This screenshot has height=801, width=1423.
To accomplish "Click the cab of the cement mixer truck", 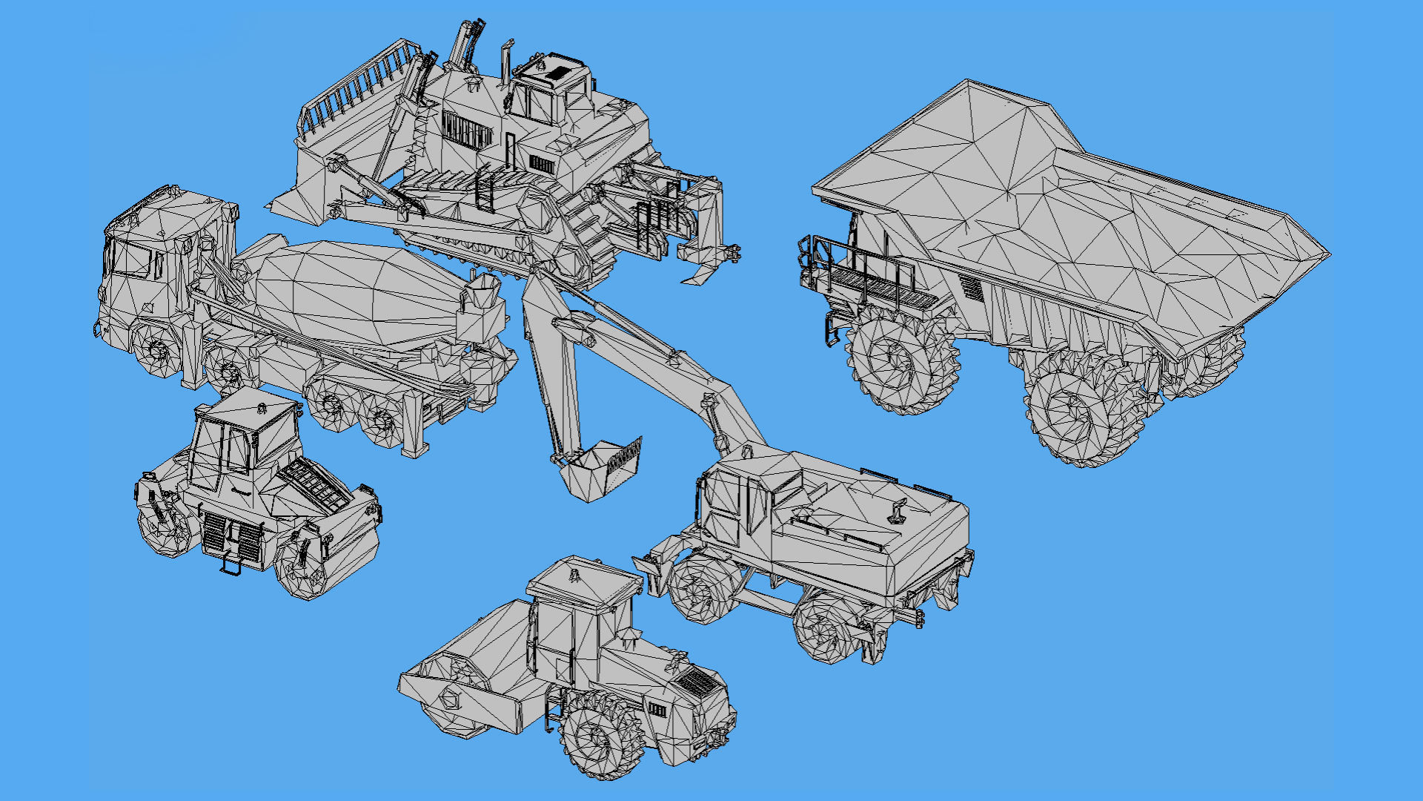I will (159, 252).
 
